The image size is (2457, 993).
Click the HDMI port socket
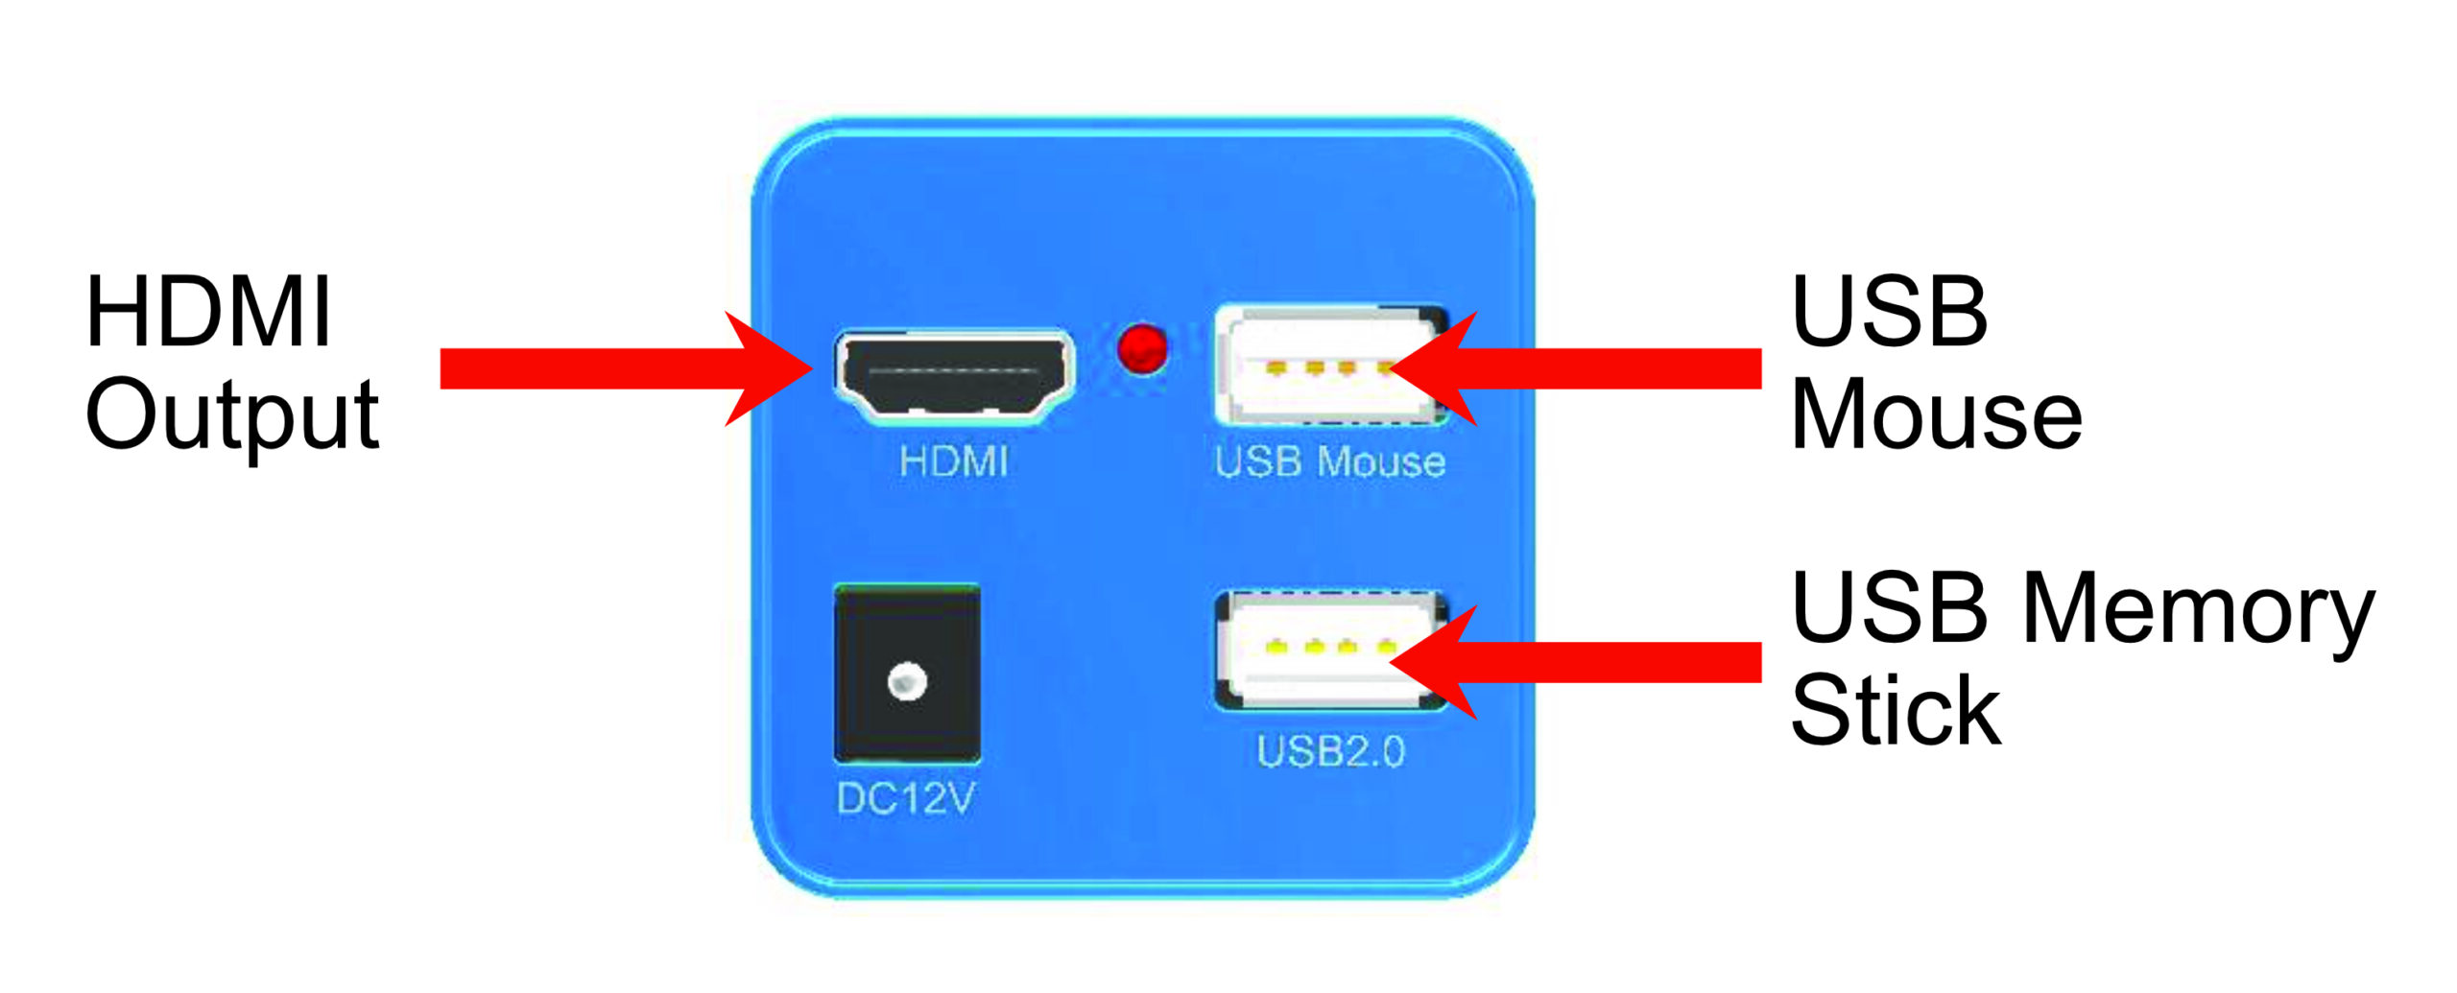coord(954,376)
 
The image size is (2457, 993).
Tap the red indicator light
coord(1142,348)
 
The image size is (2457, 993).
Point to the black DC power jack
coord(907,674)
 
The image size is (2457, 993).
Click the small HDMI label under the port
coord(954,462)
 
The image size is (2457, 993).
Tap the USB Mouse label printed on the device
coord(1329,462)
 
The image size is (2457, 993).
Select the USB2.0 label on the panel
coord(1330,752)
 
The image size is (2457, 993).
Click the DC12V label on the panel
coord(905,798)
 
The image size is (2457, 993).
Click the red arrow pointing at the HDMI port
coord(624,368)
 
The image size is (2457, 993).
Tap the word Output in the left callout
coord(232,415)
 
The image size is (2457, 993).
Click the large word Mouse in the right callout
coord(1936,415)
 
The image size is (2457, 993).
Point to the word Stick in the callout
coord(1896,711)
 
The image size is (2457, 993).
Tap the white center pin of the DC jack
coord(907,683)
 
